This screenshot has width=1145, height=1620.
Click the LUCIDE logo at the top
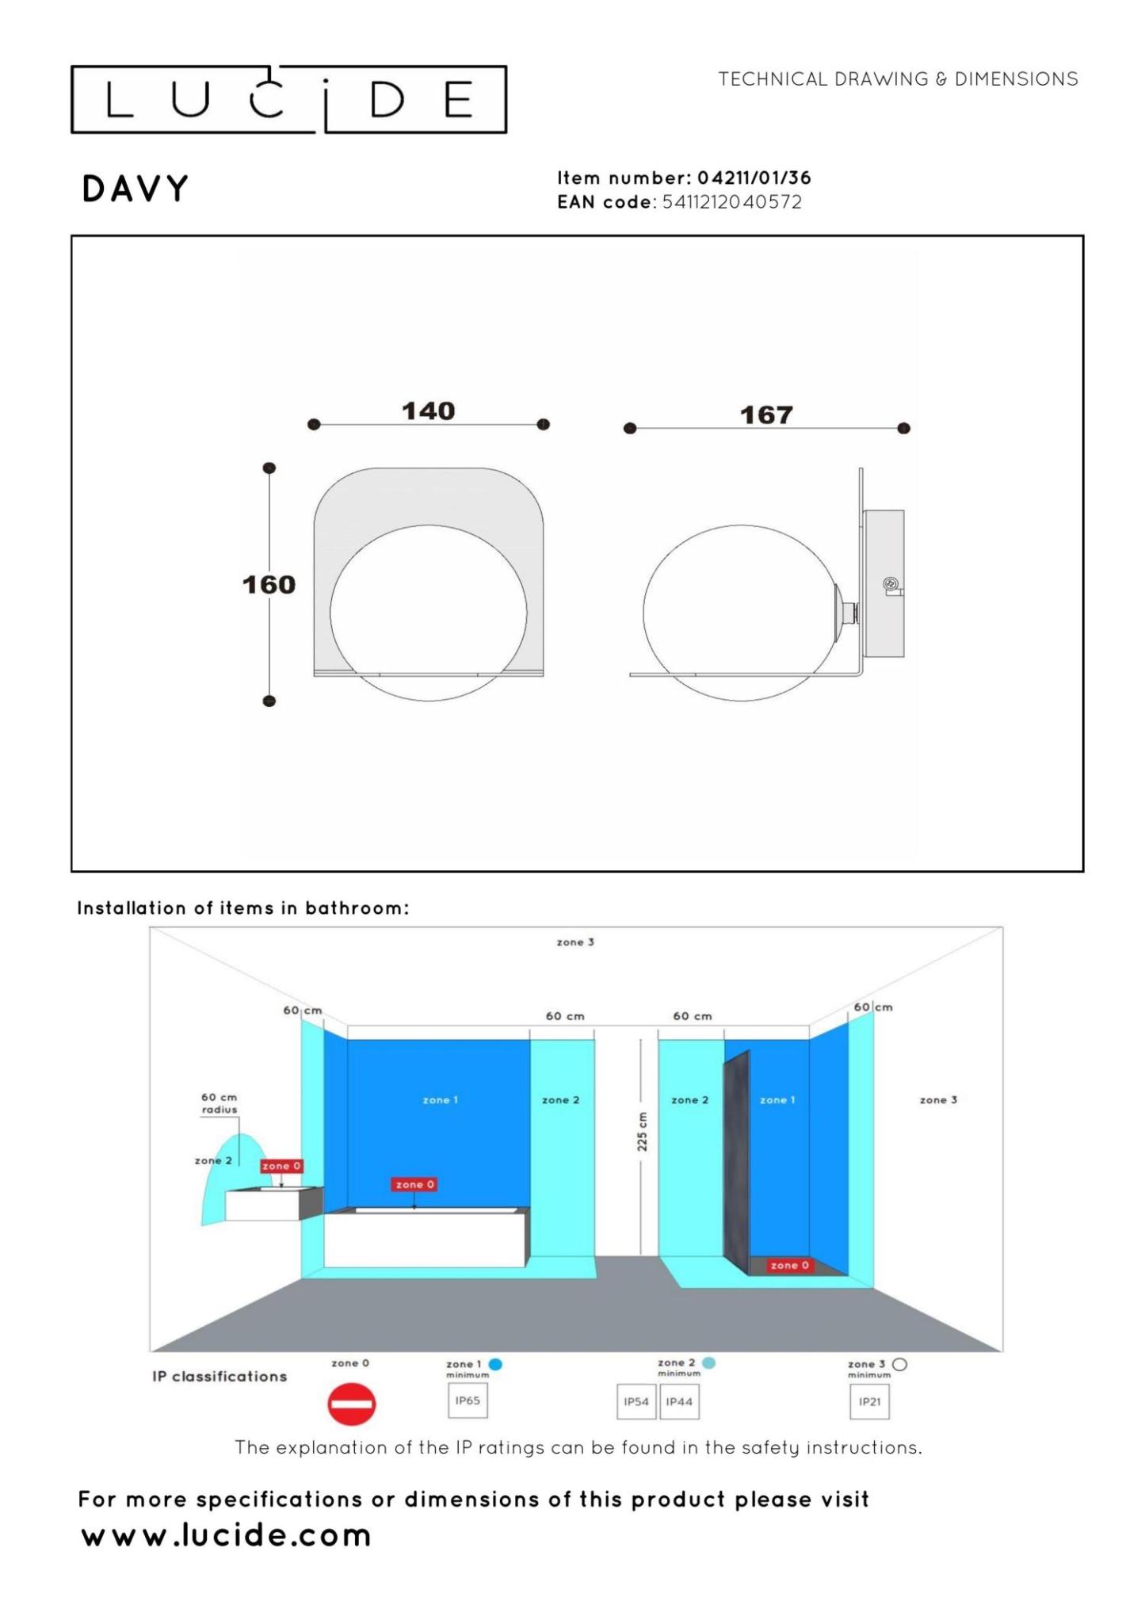[x=288, y=99]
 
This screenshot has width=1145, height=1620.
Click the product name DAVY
[x=135, y=189]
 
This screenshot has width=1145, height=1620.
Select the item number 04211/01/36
[x=754, y=178]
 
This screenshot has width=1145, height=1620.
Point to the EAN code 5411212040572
[x=732, y=202]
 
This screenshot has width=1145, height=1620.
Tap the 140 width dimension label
[x=428, y=411]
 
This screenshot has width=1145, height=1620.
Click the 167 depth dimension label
[x=766, y=415]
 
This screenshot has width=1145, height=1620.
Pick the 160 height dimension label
[x=269, y=585]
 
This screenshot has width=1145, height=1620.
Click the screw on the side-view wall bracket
[x=891, y=585]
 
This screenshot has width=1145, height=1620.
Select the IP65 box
[x=468, y=1400]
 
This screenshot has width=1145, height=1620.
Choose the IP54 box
[x=636, y=1401]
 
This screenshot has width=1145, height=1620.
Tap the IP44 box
[x=679, y=1401]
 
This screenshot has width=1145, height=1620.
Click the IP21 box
[x=869, y=1401]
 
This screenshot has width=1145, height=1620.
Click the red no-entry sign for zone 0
[x=351, y=1404]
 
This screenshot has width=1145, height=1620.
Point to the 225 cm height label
[x=642, y=1132]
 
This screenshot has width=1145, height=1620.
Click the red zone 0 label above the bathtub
[x=414, y=1184]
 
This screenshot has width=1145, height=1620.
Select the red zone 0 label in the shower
[x=789, y=1265]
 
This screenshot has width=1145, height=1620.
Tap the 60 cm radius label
[x=219, y=1103]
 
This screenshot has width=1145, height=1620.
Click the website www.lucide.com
[x=227, y=1535]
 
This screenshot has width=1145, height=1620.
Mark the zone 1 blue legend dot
[x=496, y=1364]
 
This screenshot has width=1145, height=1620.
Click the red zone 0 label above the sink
[x=281, y=1166]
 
